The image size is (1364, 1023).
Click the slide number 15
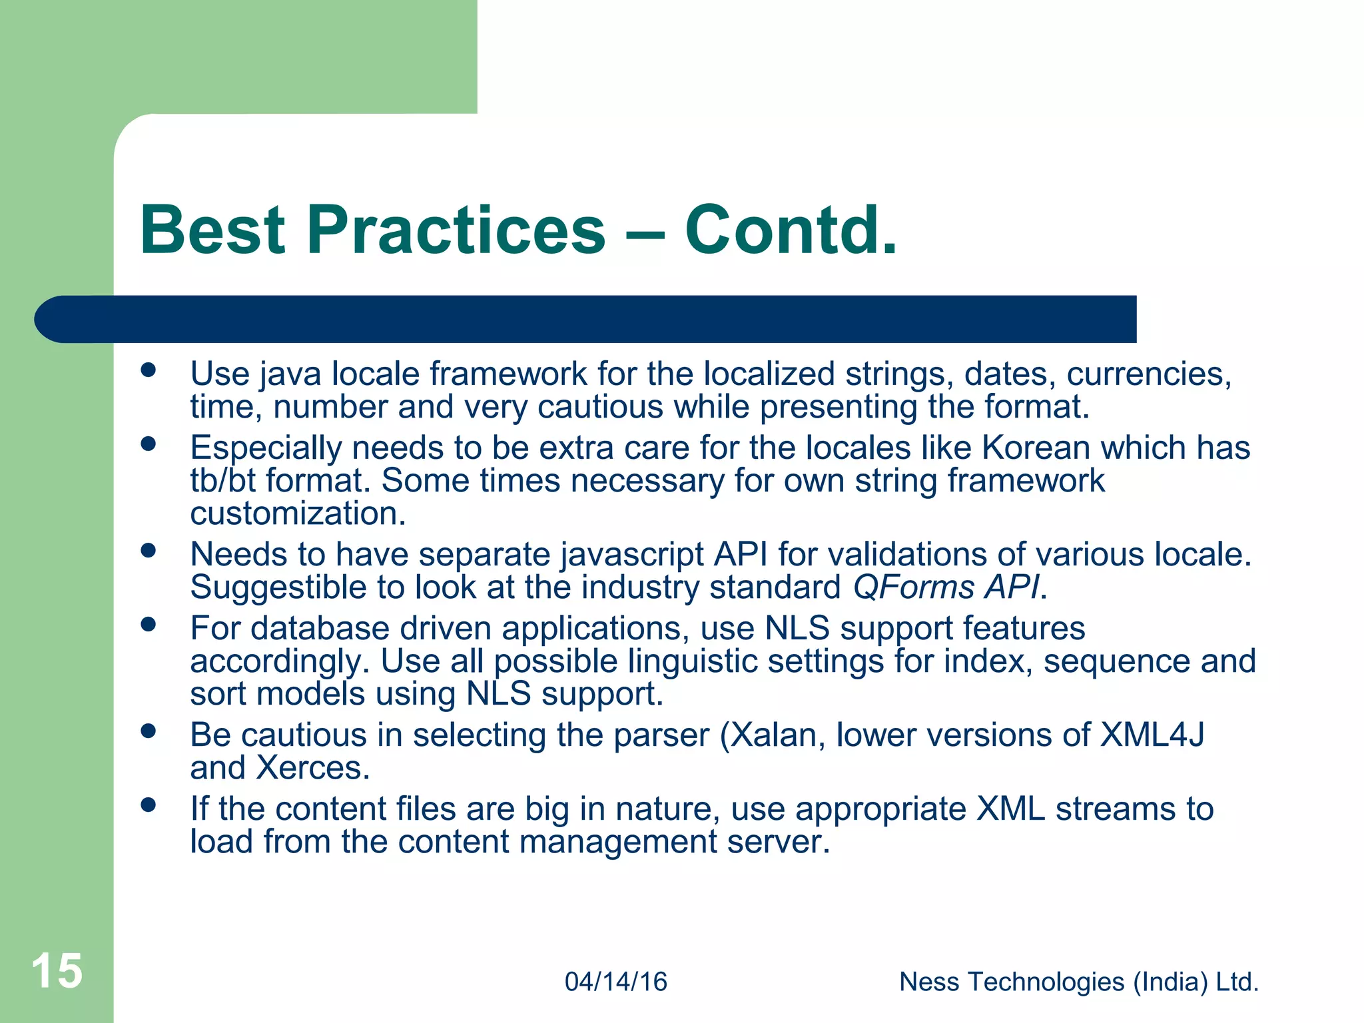point(57,971)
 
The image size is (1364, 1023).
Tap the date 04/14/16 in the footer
point(616,982)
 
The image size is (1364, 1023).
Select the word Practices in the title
point(456,230)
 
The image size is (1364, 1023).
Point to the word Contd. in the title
point(791,230)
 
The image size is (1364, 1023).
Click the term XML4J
point(1152,735)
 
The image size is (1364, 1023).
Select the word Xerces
point(313,768)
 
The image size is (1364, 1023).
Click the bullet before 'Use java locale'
point(149,370)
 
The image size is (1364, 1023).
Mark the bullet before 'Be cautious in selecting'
point(149,731)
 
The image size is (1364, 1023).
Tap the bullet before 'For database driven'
point(149,625)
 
